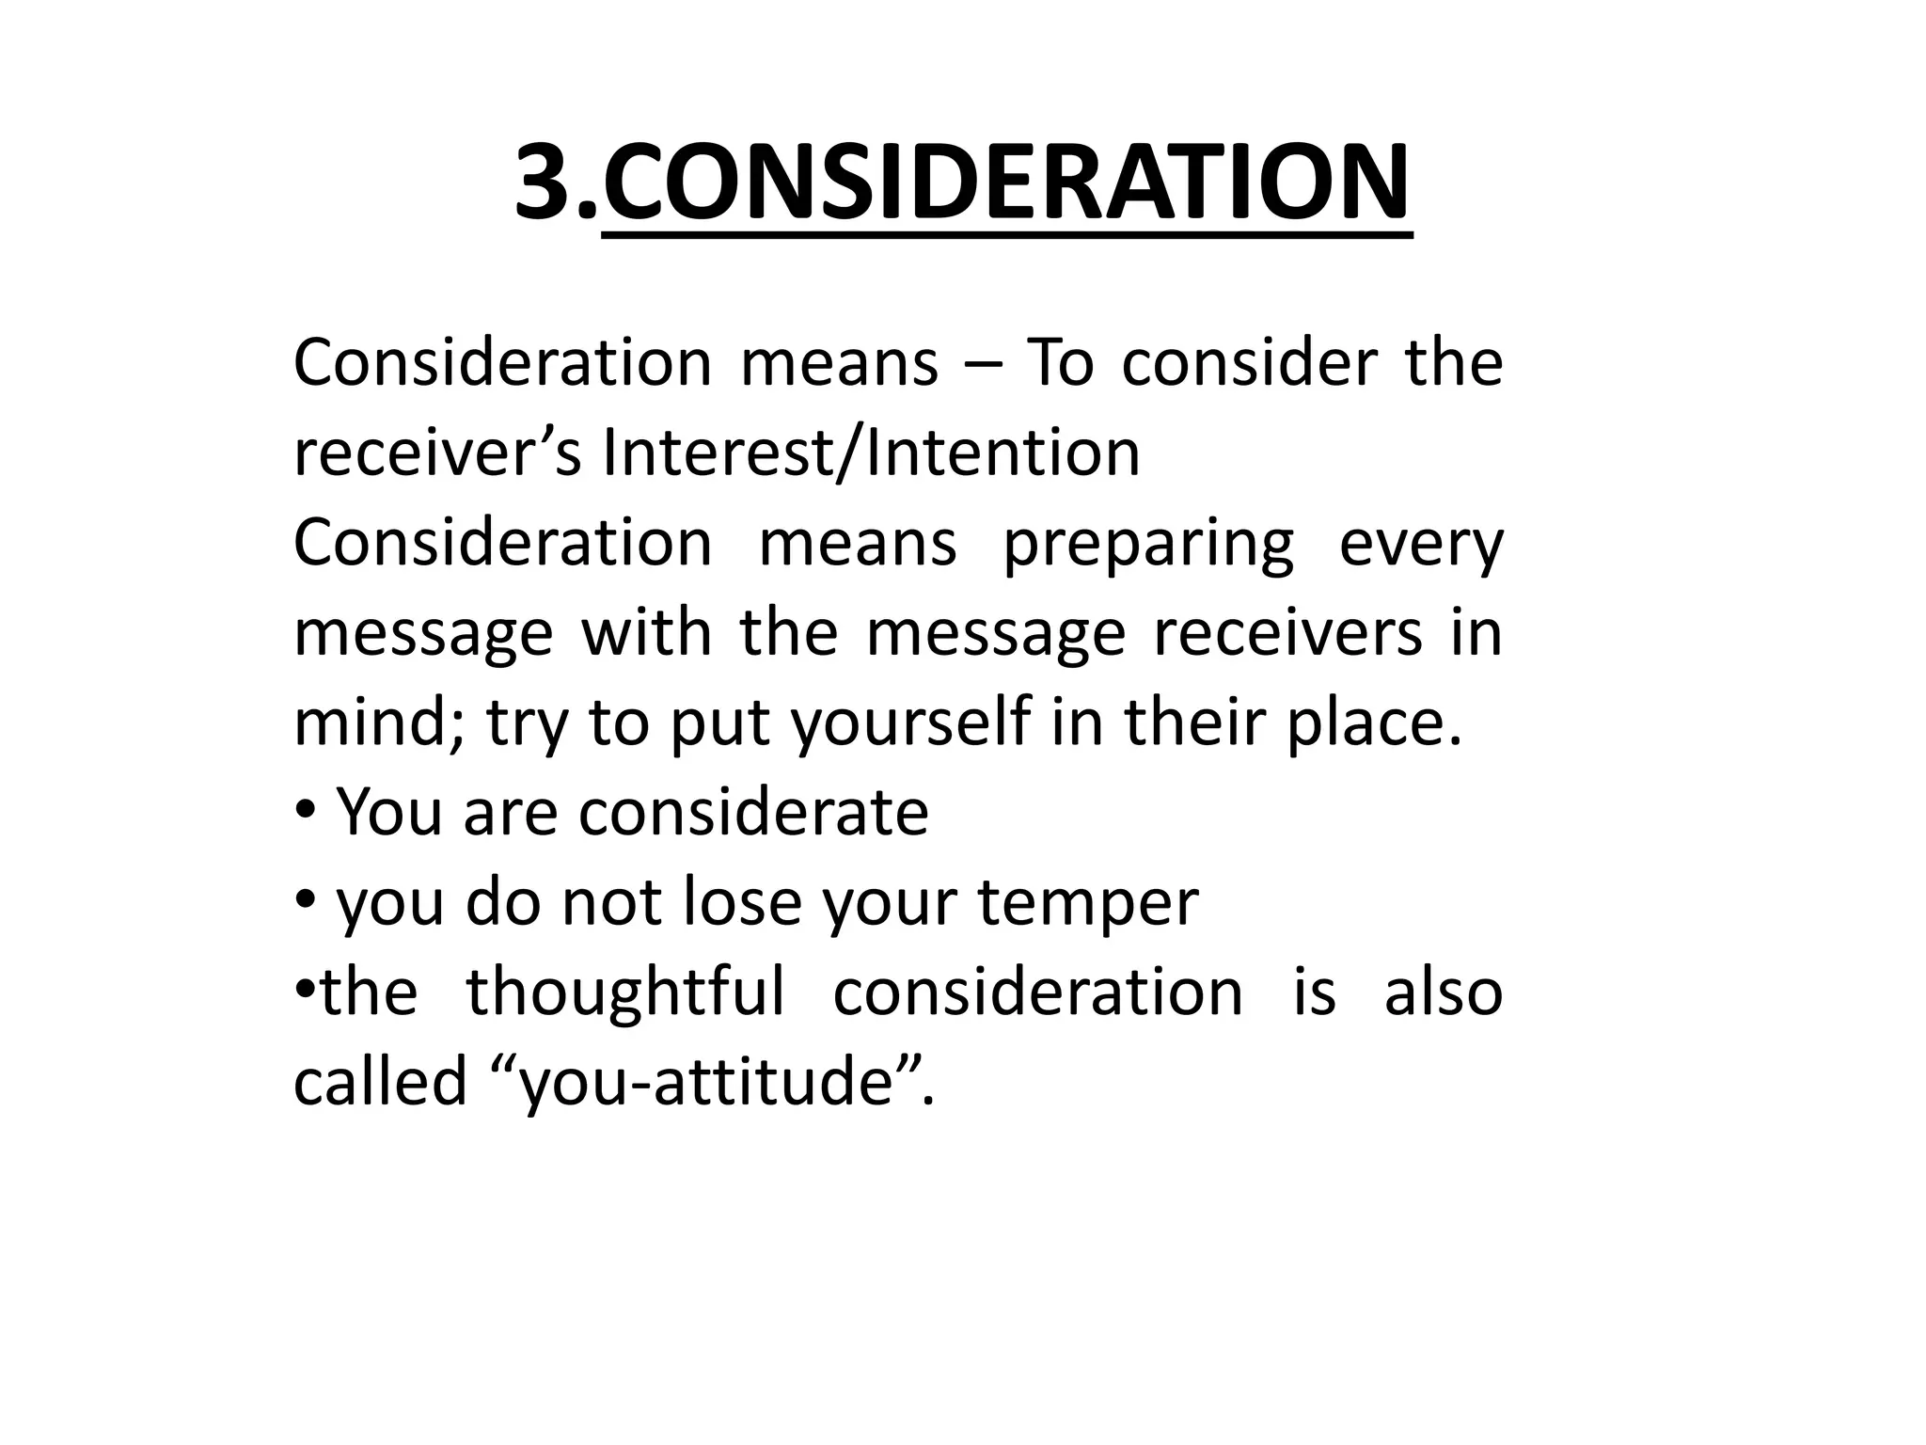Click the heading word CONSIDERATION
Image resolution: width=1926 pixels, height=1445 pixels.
[x=1005, y=183]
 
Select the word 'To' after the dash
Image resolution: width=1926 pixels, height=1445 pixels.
[x=1060, y=363]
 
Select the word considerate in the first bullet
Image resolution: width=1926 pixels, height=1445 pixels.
[x=753, y=813]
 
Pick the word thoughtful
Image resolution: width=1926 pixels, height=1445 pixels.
[x=625, y=992]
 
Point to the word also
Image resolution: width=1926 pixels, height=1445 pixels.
[x=1444, y=992]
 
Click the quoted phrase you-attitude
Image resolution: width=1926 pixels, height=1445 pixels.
[x=706, y=1082]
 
